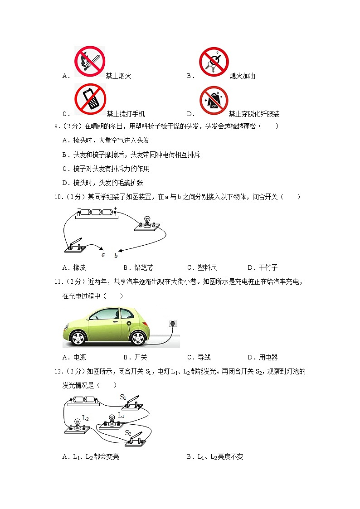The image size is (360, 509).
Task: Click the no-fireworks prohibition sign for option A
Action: coord(90,61)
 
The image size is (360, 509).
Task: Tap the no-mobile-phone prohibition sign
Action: coord(91,99)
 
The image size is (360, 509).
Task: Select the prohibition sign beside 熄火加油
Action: coord(214,62)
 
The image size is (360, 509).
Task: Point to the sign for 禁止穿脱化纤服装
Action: coord(214,101)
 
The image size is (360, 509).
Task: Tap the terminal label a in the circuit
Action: coord(103,255)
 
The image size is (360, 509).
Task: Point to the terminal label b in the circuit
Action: coord(116,256)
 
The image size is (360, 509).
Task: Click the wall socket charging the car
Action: coord(172,323)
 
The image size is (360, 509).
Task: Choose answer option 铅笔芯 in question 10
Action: coord(144,267)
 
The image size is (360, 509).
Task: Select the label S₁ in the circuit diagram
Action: coord(122,397)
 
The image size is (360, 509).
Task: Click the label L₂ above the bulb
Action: coord(84,418)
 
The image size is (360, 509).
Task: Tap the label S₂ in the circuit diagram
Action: coord(128,433)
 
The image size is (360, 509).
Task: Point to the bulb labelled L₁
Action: coord(111,420)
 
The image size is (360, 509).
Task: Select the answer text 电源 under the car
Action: coord(79,357)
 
